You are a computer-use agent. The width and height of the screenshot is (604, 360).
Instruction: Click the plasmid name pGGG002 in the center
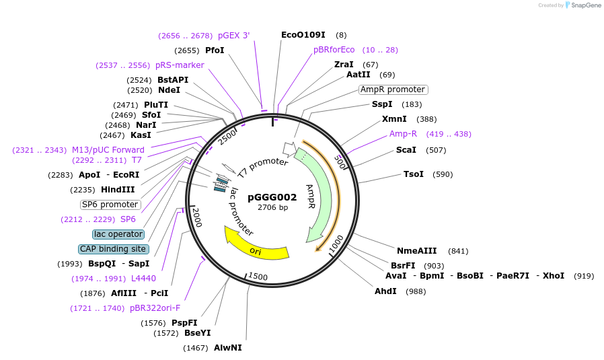pyautogui.click(x=272, y=197)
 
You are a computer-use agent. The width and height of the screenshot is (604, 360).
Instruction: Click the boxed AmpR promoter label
pyautogui.click(x=393, y=89)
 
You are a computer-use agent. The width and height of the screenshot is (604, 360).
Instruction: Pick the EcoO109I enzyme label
pyautogui.click(x=303, y=34)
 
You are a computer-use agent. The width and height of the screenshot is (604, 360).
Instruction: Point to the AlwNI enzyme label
pyautogui.click(x=227, y=347)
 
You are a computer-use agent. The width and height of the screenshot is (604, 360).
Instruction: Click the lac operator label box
pyautogui.click(x=118, y=234)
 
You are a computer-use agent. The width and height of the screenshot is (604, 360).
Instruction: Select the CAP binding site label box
pyautogui.click(x=113, y=249)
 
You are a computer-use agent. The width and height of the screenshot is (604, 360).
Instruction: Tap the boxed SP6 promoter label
pyautogui.click(x=110, y=205)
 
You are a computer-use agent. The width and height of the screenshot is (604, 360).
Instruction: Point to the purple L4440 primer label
pyautogui.click(x=143, y=279)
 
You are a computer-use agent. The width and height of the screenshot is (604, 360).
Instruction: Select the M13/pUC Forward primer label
pyautogui.click(x=108, y=149)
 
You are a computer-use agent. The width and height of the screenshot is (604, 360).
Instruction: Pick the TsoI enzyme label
pyautogui.click(x=413, y=174)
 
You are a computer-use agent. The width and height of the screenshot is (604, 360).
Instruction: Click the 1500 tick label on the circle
pyautogui.click(x=258, y=277)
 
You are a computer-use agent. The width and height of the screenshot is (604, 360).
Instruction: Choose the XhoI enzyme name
pyautogui.click(x=553, y=276)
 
